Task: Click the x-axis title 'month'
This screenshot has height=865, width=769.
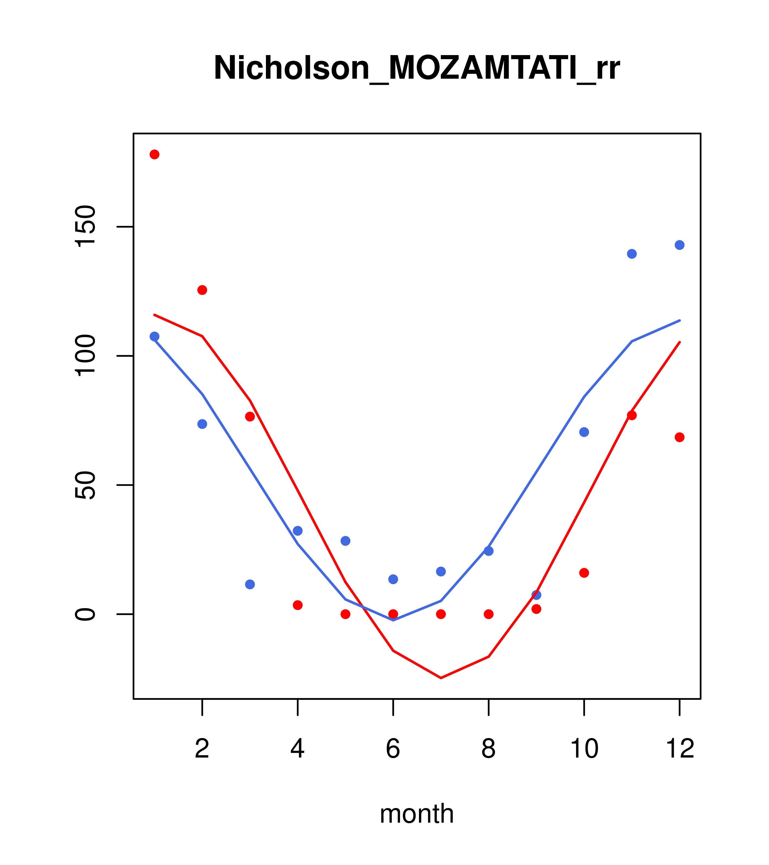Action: [x=417, y=813]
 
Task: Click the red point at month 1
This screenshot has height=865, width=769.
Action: [x=154, y=154]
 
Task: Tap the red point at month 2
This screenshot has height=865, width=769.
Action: [x=202, y=290]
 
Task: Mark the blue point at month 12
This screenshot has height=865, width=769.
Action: [x=680, y=245]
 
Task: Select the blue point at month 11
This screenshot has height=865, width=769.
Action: [x=632, y=254]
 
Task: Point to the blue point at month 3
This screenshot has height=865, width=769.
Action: [x=250, y=584]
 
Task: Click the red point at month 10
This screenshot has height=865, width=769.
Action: [x=584, y=573]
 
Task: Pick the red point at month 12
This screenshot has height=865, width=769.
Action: [x=680, y=437]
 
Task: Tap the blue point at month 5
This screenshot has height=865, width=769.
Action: [x=345, y=541]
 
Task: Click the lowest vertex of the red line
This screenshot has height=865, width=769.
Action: [x=441, y=678]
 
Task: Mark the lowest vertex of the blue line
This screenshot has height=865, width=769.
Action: [x=393, y=620]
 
